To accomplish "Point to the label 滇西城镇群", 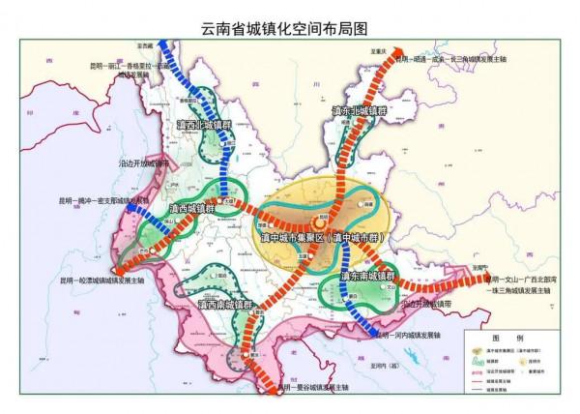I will click(193, 208).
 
